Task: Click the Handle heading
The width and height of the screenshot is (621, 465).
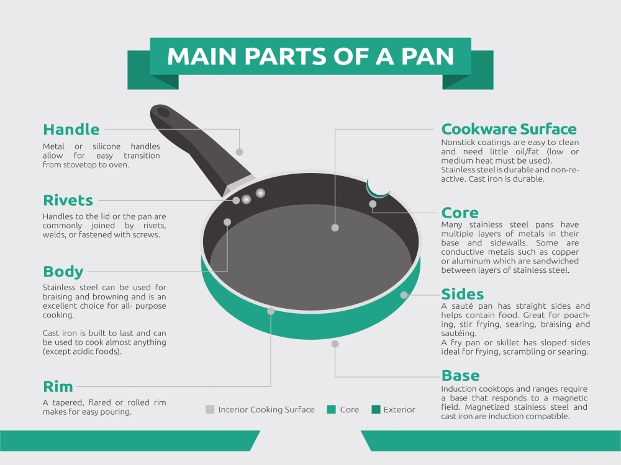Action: click(71, 130)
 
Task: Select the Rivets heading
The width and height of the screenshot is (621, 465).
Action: click(68, 200)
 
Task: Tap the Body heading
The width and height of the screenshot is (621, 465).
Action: click(63, 272)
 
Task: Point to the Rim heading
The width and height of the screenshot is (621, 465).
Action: click(58, 387)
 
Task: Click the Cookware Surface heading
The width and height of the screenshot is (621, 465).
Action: click(509, 130)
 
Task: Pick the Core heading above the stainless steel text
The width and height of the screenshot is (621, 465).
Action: click(460, 213)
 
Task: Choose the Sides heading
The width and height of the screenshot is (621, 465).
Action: click(463, 294)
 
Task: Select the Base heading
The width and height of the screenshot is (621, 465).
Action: click(460, 375)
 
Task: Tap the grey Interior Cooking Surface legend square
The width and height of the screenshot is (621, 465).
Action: click(210, 409)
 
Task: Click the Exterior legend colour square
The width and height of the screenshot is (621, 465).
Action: click(376, 409)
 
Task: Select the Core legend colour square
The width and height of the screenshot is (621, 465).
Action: click(332, 409)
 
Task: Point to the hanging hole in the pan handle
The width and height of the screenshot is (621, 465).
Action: click(163, 112)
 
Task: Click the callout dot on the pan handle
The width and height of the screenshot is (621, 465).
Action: click(239, 152)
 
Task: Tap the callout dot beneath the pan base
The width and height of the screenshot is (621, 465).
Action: click(335, 344)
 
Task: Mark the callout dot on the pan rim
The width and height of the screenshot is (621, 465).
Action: click(271, 311)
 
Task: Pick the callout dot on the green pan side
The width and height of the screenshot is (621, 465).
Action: click(404, 295)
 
